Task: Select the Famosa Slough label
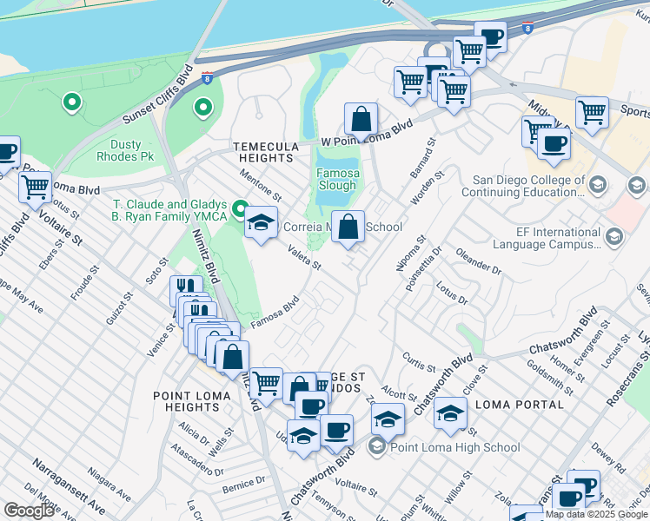336,179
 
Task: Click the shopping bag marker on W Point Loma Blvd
361,120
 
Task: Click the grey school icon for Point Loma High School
376,448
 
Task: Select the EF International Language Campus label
544,239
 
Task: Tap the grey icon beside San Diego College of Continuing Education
597,184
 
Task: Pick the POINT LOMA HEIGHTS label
192,402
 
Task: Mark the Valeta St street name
305,259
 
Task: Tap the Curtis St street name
418,358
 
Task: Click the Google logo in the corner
29,511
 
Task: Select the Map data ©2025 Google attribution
596,514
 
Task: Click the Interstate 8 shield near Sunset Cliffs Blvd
205,78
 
